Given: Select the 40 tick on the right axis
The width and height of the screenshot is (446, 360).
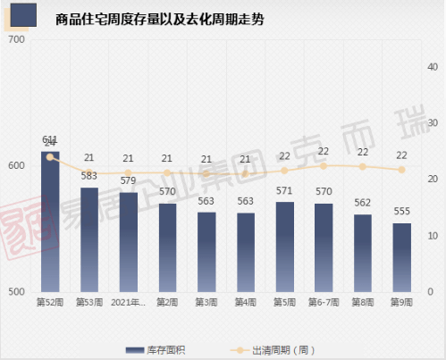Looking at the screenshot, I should [429, 67].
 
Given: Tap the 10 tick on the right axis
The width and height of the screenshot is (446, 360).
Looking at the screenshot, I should [429, 236].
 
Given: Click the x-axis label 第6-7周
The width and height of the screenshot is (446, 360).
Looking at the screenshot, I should [324, 303].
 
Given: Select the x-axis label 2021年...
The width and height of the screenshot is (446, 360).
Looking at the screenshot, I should [129, 303].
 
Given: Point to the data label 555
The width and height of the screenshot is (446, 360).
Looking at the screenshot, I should [402, 212].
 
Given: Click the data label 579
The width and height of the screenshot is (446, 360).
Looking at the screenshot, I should [129, 182].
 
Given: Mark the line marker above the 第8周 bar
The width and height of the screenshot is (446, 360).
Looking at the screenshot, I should [363, 166].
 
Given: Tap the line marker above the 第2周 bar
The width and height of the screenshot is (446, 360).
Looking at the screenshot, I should [167, 172].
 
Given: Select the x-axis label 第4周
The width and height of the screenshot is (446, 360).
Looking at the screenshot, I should [246, 303].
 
